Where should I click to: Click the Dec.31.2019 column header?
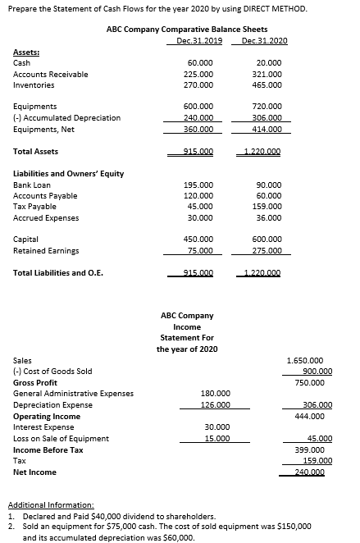coord(201,41)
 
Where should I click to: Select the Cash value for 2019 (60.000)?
coord(201,62)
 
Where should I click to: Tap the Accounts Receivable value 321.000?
coord(269,74)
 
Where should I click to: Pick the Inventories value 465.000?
coord(269,84)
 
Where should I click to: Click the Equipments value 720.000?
coord(269,107)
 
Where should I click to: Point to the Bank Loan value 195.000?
coord(201,185)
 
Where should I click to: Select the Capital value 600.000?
coord(269,240)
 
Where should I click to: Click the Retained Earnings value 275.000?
coord(269,251)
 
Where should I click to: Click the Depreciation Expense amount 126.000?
coord(215,405)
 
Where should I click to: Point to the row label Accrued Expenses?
coord(46,218)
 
